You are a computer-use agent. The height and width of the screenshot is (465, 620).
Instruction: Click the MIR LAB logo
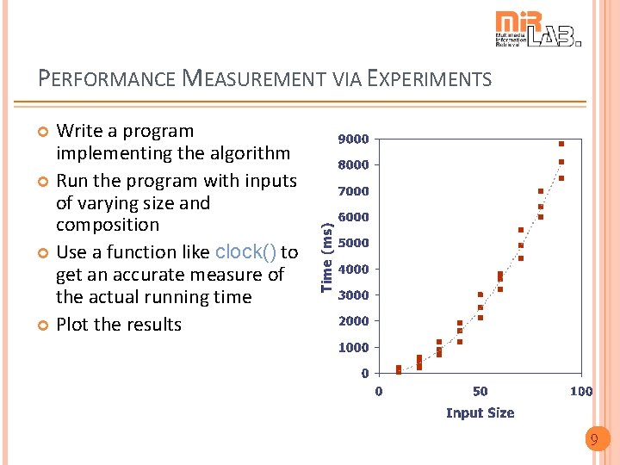tap(538, 28)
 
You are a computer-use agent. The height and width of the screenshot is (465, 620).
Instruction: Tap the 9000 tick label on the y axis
tap(353, 139)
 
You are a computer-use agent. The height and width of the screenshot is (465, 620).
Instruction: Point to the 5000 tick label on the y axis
tap(353, 243)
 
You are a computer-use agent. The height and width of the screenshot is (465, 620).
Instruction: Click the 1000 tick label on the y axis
tap(353, 347)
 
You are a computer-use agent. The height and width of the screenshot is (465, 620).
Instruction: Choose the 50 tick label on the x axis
tap(480, 391)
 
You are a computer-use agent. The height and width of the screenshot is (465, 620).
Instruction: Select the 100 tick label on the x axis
tap(581, 391)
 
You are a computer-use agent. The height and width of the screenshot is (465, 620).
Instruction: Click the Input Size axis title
tap(480, 412)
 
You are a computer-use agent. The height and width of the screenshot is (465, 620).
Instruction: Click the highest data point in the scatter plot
tap(561, 144)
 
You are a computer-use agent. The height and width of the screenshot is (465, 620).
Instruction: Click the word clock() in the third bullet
tap(245, 252)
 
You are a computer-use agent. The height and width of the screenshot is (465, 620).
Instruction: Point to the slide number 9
tap(593, 440)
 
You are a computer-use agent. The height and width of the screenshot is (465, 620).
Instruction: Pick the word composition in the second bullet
tap(108, 225)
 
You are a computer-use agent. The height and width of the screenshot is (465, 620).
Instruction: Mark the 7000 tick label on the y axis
tap(353, 191)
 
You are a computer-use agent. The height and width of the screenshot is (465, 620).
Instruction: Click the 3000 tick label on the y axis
tap(353, 294)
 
